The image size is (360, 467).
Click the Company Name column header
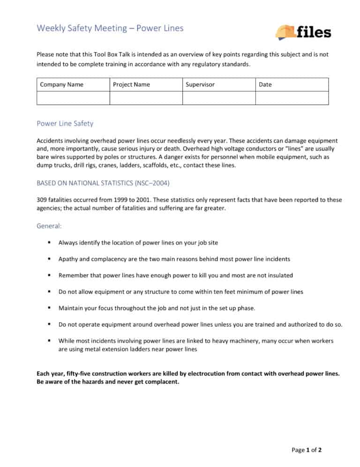coord(62,84)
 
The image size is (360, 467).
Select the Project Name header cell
coord(132,84)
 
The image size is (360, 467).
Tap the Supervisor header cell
coord(200,84)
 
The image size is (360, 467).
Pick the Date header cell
coord(265,84)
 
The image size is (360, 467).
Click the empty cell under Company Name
coord(73,98)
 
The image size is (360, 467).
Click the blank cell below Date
coord(292,98)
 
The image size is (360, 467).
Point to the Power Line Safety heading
coord(65,124)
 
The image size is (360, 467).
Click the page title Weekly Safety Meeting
coord(82,28)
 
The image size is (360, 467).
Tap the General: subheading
coord(49,226)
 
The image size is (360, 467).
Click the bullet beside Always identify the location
coord(49,243)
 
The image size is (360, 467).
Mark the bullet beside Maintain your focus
coord(49,308)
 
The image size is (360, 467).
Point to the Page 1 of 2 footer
coord(307,450)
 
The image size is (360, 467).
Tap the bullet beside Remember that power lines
coord(49,275)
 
